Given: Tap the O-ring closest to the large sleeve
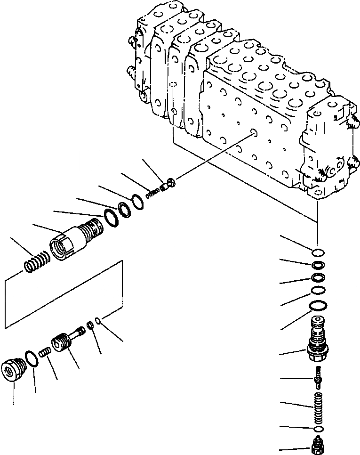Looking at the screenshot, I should pos(110,218).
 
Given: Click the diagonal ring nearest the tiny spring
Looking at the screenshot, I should pos(137,201).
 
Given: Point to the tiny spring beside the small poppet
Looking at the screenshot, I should pos(152,192).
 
